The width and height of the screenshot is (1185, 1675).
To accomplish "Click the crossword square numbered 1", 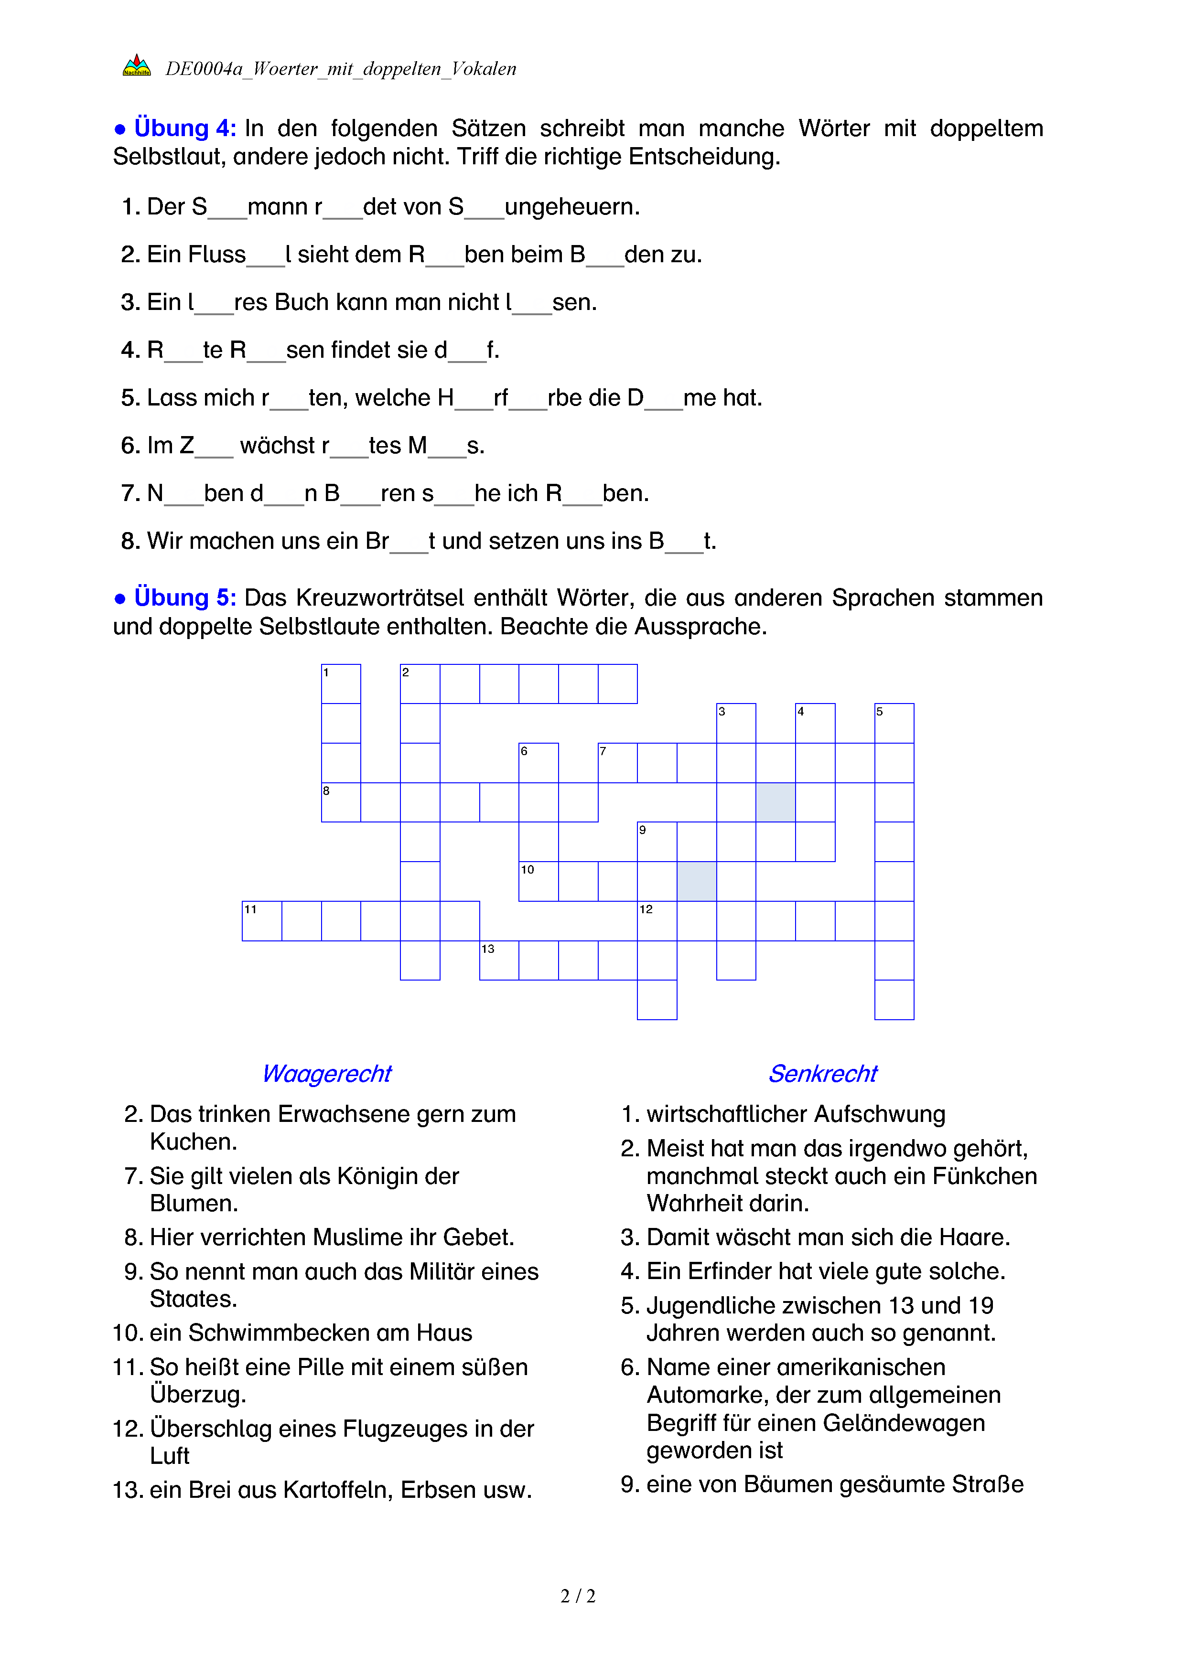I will click(x=341, y=683).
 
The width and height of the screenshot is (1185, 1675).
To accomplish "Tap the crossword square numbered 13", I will click(x=499, y=960).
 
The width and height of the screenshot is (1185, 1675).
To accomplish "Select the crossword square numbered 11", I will click(x=262, y=921).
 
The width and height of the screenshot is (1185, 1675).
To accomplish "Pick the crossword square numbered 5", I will click(x=894, y=723).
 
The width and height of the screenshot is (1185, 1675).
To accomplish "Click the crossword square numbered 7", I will click(x=617, y=762).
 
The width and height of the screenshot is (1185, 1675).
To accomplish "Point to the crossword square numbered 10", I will click(x=539, y=881).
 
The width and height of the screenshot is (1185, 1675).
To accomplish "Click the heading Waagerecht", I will click(x=326, y=1074).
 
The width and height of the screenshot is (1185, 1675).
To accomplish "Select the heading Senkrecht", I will click(x=822, y=1074).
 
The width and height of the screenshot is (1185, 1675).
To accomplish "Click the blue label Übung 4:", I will click(x=184, y=128).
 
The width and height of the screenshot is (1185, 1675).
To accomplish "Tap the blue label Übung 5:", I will click(x=184, y=597).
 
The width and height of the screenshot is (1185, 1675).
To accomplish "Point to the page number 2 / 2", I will click(x=578, y=1596).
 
